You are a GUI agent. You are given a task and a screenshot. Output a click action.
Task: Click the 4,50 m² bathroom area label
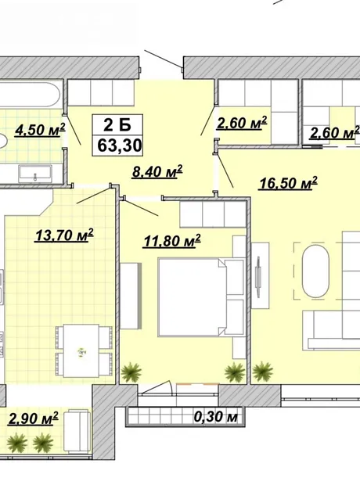[x=40, y=130]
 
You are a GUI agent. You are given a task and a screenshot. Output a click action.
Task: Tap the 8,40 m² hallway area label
[x=157, y=171]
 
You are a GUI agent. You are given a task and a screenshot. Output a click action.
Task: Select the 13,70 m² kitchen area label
[x=64, y=235]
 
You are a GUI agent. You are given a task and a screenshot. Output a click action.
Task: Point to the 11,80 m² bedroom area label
[x=172, y=241]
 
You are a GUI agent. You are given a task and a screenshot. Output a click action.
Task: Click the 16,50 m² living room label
[x=288, y=183]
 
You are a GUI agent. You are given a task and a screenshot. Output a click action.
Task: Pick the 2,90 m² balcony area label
[x=34, y=419]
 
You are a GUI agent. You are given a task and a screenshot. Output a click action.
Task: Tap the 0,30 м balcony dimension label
[x=216, y=417]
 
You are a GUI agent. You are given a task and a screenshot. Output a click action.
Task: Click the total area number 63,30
[x=120, y=145]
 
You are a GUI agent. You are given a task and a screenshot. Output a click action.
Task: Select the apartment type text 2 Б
[x=117, y=125]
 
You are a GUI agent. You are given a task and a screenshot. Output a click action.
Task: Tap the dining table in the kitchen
[x=81, y=350]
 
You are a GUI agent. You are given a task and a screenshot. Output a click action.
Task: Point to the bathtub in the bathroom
[x=30, y=95]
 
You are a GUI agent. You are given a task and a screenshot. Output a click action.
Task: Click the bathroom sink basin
[x=35, y=174]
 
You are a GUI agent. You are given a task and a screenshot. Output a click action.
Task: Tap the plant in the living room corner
[x=263, y=371]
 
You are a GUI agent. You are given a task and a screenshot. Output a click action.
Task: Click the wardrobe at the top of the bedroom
[x=213, y=214]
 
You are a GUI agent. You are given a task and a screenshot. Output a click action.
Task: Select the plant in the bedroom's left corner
[x=131, y=372]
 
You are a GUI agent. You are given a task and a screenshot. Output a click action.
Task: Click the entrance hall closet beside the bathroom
[x=101, y=93]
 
